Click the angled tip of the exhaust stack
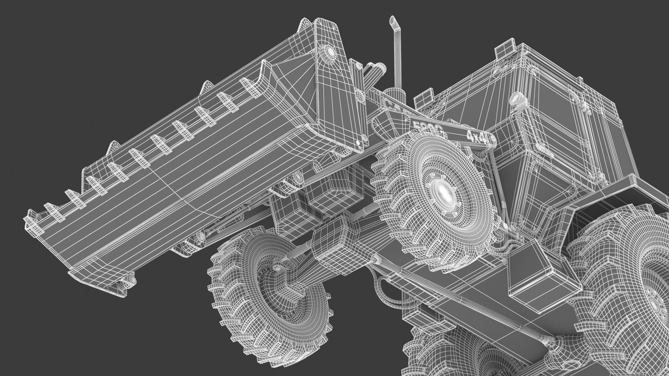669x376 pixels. pos(392,21)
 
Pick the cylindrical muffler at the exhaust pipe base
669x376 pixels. pos(394,94)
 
